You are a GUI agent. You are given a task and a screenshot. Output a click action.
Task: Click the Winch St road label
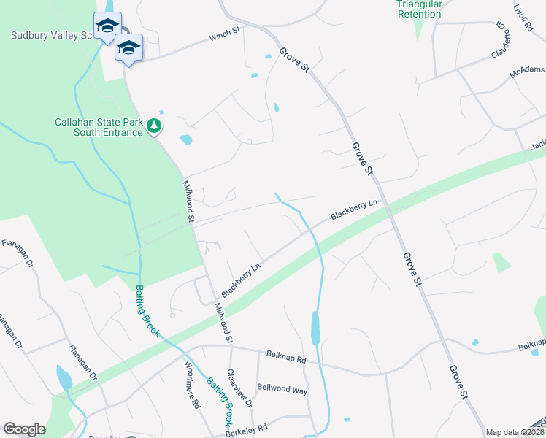[x=224, y=34]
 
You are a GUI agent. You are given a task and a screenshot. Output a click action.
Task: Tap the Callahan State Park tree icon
[x=154, y=127]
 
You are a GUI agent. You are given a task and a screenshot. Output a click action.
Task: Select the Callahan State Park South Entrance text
[x=99, y=127]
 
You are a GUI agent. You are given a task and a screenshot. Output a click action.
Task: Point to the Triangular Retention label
[x=419, y=9]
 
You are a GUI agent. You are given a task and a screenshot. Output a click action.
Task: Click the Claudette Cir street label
[x=501, y=41]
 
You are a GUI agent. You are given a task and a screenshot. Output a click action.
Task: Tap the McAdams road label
[x=527, y=71]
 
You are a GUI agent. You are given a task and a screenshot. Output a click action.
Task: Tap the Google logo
[x=24, y=429]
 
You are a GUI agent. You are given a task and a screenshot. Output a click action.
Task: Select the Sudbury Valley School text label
[x=51, y=35]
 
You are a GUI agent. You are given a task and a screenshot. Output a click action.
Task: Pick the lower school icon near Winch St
[x=128, y=48]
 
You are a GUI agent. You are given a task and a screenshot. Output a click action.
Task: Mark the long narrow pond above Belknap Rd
[x=315, y=328]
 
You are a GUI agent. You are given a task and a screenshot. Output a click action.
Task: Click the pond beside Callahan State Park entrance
[x=186, y=139]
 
